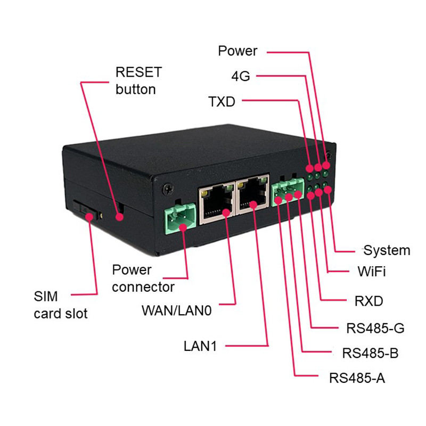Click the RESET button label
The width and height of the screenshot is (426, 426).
[x=138, y=81]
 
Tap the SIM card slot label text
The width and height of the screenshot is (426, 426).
[x=61, y=305]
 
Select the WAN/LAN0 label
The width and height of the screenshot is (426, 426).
[x=177, y=310]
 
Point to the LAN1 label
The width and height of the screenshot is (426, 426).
[x=200, y=346]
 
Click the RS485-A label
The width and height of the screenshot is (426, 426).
[x=357, y=378]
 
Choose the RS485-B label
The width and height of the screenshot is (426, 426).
[x=370, y=353]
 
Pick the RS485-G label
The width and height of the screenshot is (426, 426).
[x=375, y=328]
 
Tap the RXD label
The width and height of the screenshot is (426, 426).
[x=368, y=301]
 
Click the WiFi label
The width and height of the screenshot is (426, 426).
[x=371, y=271]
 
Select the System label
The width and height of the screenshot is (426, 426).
[x=387, y=250]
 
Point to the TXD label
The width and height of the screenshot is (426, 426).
[x=222, y=102]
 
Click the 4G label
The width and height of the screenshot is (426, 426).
[x=241, y=76]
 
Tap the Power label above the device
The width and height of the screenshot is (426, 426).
[x=237, y=51]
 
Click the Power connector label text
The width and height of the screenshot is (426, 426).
[x=143, y=278]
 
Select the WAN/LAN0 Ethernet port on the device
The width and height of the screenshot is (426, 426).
[x=217, y=203]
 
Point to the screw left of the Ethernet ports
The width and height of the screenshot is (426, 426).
[x=168, y=189]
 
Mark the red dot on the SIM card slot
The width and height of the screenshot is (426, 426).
[x=88, y=217]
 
